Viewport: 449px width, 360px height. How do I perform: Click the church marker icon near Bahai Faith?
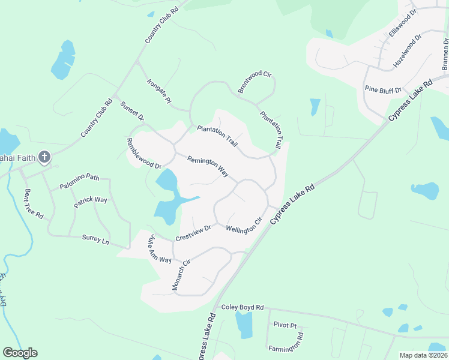(43, 157)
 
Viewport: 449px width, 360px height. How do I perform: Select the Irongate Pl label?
(159, 91)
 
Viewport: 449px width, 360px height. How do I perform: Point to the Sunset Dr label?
(132, 112)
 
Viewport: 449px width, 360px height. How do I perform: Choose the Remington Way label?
(208, 167)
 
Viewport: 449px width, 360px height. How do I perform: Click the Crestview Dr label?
(193, 233)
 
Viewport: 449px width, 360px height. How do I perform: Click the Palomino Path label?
(79, 181)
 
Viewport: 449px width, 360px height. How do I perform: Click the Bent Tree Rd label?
(34, 203)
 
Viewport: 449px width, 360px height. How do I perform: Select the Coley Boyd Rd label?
(243, 307)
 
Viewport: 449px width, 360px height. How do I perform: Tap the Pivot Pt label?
(285, 325)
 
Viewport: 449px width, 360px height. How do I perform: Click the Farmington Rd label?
(286, 341)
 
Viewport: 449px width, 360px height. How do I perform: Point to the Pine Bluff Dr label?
(382, 89)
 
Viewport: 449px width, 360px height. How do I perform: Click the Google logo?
(20, 353)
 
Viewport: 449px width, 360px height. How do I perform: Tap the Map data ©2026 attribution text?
(423, 355)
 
